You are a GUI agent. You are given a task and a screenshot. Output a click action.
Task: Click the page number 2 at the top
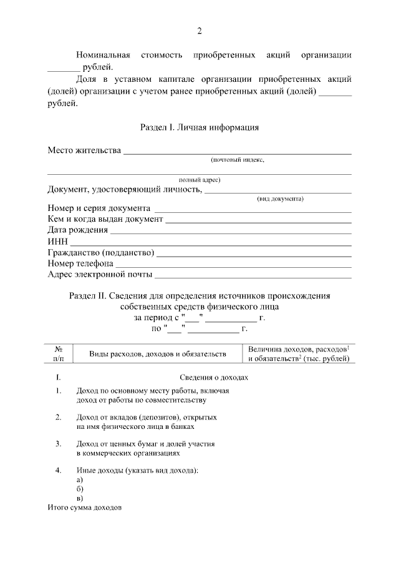[199, 31]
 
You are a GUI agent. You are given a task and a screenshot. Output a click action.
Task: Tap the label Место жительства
[84, 150]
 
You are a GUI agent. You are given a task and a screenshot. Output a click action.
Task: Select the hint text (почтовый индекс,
[237, 160]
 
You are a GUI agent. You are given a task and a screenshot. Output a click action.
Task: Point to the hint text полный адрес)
[199, 180]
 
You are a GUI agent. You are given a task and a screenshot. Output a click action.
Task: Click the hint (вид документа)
[280, 199]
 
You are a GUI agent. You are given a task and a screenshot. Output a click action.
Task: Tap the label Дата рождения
[77, 230]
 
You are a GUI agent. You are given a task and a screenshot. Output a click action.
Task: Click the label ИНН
[57, 241]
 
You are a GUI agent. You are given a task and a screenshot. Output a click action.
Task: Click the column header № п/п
[58, 353]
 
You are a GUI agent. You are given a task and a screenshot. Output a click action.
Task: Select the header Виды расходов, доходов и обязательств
[157, 354]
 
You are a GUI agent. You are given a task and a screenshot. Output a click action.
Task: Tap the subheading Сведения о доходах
[214, 378]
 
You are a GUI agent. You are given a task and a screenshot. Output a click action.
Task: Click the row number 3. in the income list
[58, 444]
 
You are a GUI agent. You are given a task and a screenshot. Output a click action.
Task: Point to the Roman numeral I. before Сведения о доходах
[58, 378]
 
